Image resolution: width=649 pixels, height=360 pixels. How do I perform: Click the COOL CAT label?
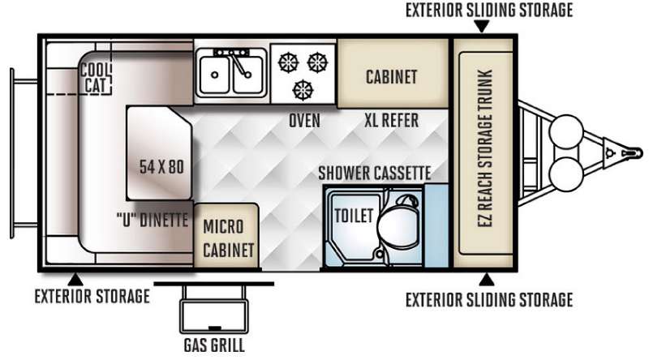96,77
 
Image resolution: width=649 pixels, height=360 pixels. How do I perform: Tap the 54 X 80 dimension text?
161,167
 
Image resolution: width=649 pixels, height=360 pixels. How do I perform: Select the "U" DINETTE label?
153,220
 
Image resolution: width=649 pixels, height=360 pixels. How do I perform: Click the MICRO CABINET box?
226,236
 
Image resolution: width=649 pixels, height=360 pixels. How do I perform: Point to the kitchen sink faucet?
239,65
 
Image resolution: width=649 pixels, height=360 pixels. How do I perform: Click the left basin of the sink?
214,75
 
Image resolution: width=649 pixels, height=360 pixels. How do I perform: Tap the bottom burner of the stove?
303,90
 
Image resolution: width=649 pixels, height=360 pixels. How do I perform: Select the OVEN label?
304,121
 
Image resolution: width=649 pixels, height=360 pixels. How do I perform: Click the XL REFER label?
391,121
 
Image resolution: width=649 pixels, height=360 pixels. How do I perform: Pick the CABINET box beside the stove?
393,74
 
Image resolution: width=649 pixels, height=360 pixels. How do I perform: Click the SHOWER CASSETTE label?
375,173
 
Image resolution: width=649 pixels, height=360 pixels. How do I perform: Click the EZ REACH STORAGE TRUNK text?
484,148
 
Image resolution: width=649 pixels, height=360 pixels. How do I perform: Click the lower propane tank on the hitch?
565,174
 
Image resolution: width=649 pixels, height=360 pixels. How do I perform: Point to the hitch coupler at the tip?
632,153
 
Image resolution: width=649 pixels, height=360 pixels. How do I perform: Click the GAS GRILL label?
214,345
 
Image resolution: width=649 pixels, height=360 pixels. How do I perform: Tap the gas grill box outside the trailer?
214,316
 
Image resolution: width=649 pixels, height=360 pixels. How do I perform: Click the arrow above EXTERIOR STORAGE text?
75,280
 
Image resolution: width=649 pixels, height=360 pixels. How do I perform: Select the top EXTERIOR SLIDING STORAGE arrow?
481,27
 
